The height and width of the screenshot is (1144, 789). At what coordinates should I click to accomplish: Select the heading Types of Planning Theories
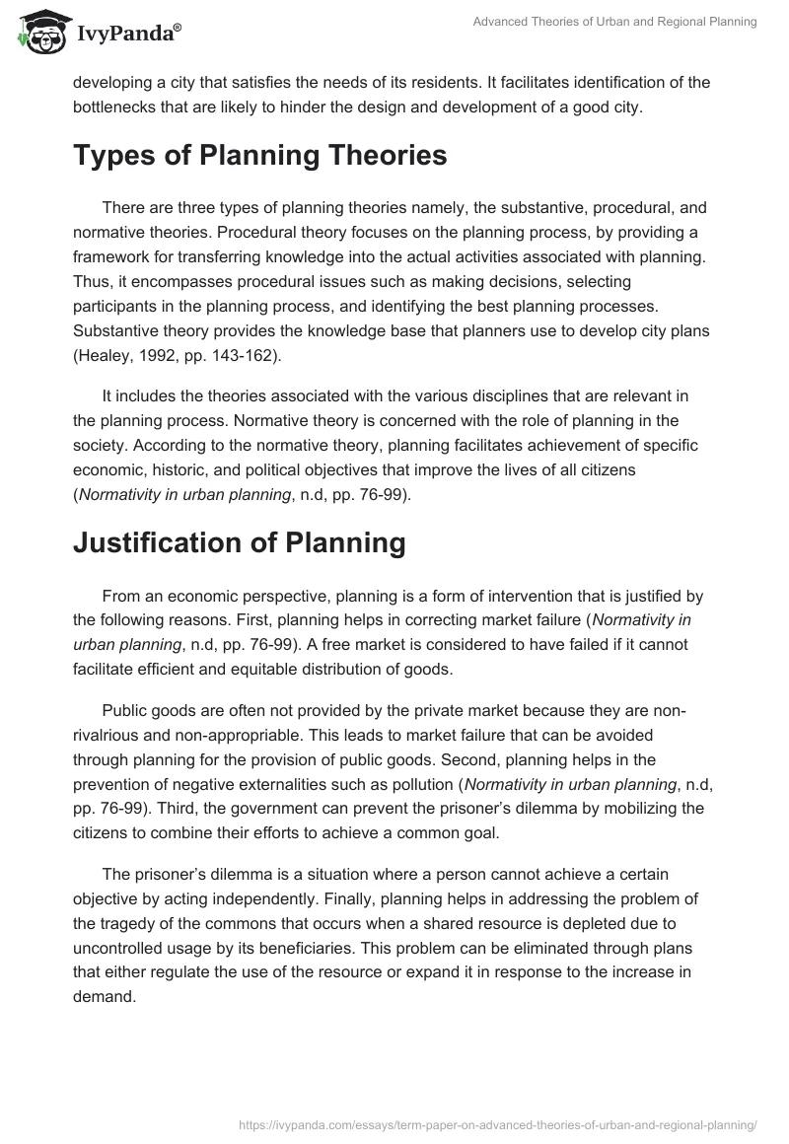(x=260, y=156)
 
